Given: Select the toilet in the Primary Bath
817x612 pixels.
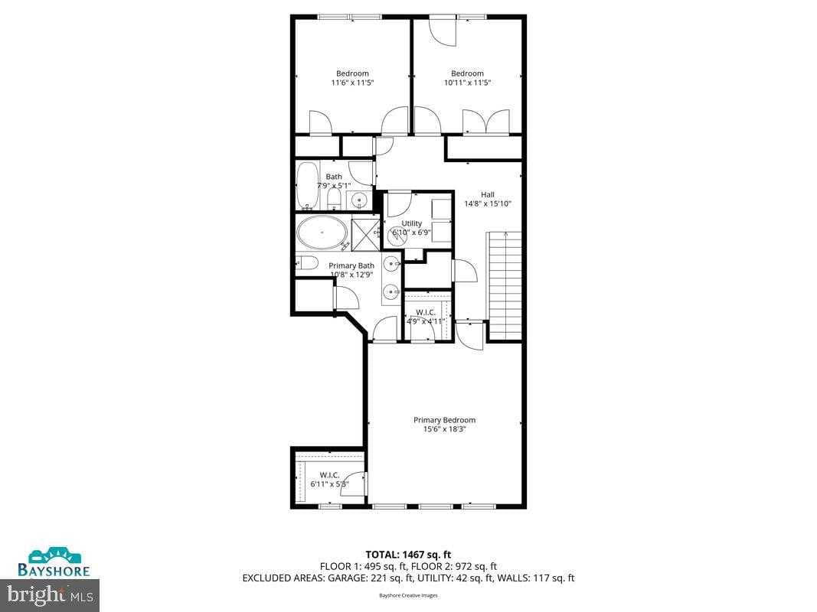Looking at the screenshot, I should point(308,264).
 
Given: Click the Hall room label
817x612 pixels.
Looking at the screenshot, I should point(488,194).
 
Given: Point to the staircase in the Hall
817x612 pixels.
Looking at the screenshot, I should point(505,285).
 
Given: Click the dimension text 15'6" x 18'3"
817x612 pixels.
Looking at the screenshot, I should point(444,430).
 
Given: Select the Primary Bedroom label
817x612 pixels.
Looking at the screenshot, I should point(444,420).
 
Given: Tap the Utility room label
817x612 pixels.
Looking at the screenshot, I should point(412,223).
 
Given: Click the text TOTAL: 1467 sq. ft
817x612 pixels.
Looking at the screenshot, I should point(408,554).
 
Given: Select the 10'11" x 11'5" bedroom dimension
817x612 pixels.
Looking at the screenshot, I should point(467,83).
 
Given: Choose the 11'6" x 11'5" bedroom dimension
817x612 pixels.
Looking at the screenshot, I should point(352,83).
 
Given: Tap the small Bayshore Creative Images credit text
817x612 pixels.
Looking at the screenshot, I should point(408,595).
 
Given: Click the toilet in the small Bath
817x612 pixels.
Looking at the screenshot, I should point(334,200).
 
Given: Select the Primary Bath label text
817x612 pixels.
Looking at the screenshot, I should point(351,265).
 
